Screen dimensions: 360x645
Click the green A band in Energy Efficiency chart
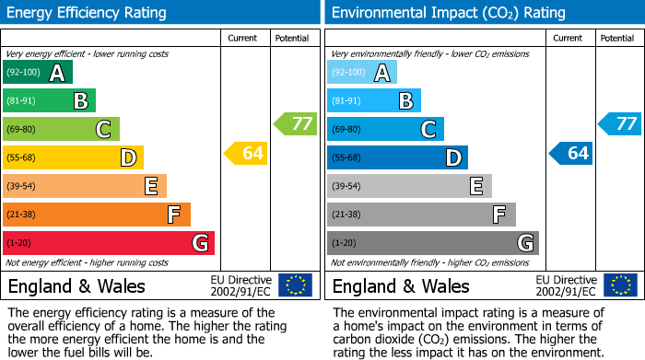[x=38, y=73]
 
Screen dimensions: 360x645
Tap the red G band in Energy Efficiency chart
[x=109, y=243]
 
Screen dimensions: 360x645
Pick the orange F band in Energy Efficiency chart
[x=97, y=215]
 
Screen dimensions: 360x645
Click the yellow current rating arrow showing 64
[x=246, y=153]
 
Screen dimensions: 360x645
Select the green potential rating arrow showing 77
[x=295, y=123]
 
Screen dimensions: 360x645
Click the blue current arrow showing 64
[x=570, y=153]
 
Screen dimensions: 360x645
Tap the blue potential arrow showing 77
[x=619, y=123]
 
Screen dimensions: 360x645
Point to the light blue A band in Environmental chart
[x=362, y=73]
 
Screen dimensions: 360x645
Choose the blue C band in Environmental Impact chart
[x=385, y=129]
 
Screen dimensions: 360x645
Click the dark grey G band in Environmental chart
[x=433, y=243]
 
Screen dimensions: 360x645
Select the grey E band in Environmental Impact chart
[x=409, y=186]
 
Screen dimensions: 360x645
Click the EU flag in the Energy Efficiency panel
[x=295, y=285]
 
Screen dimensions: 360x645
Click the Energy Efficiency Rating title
[x=88, y=13]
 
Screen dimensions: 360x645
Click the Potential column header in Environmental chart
[x=617, y=38]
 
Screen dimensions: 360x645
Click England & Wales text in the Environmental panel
[x=401, y=285]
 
